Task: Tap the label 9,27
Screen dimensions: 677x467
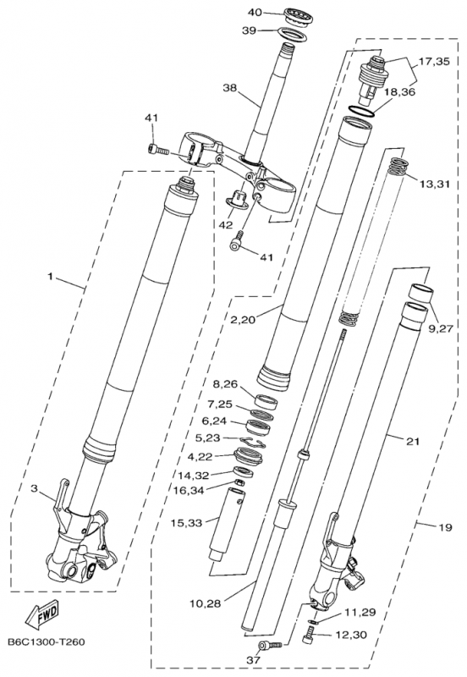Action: tap(441, 327)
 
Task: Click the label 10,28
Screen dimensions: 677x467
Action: tap(209, 602)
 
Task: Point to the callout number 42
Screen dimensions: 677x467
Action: tap(226, 225)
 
